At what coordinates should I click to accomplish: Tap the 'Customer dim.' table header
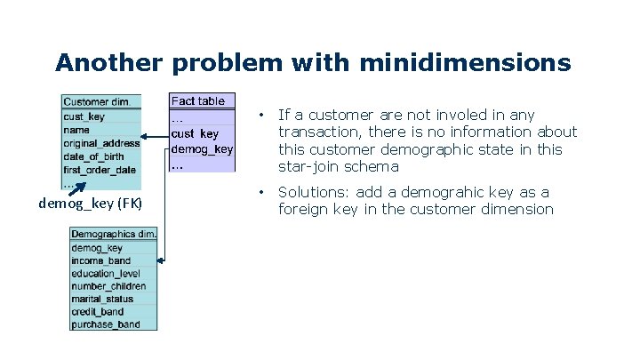[x=98, y=101]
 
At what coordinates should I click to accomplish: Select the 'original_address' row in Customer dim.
[x=101, y=142]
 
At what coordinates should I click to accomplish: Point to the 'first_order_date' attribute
[x=100, y=169]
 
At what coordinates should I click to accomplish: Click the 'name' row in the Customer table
[x=76, y=129]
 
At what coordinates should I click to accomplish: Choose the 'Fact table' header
[x=198, y=101]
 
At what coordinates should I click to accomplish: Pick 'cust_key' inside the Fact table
[x=195, y=134]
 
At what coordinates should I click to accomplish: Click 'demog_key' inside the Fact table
[x=202, y=149]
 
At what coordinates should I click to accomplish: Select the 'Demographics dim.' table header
[x=114, y=235]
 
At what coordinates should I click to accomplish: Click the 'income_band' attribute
[x=100, y=261]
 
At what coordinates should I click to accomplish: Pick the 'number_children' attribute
[x=108, y=286]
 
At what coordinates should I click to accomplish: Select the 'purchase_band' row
[x=105, y=324]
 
